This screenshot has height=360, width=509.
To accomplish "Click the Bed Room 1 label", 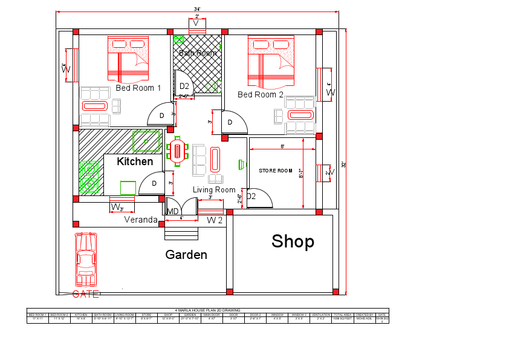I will coord(138,88).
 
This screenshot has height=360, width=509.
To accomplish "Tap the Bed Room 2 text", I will coord(261,95).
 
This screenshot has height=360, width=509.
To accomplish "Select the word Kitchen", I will coord(135,162).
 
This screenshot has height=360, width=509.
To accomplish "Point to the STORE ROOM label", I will coord(276,171).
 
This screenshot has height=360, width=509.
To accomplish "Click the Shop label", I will coord(293,241).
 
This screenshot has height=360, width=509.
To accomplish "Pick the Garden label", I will coord(186,255).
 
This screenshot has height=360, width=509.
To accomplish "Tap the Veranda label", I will coord(141,220).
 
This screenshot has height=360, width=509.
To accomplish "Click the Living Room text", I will coord(214,190).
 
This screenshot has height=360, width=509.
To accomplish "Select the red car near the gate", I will coord(85,259).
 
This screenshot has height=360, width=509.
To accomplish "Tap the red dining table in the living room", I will coord(178,151).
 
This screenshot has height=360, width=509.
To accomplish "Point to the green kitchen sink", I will coord(146,141).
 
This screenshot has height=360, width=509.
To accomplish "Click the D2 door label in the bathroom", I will coord(184,86).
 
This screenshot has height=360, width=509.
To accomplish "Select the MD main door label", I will coord(173,212).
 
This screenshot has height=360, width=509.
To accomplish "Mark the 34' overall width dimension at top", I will coord(197,9).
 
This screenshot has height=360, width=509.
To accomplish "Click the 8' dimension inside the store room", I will coord(282,146).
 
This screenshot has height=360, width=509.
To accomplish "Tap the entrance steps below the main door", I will coord(181,230).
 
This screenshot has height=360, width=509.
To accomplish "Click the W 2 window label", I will coord(215,220).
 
